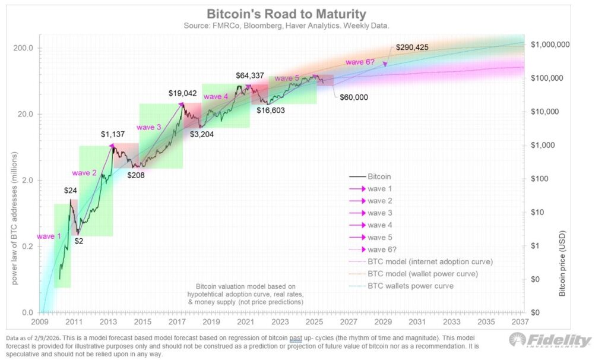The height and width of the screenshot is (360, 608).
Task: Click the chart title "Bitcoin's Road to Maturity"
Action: tap(286, 13)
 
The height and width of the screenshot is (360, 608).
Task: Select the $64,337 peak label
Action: tap(252, 75)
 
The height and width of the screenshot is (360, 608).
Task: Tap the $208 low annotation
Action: tap(135, 175)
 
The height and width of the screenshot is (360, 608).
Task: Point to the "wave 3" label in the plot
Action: tap(148, 127)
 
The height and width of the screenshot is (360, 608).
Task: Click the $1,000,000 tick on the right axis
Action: tap(550, 45)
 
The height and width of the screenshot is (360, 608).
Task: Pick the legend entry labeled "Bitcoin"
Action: tap(379, 176)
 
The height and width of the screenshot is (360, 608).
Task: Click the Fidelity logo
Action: tap(550, 340)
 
